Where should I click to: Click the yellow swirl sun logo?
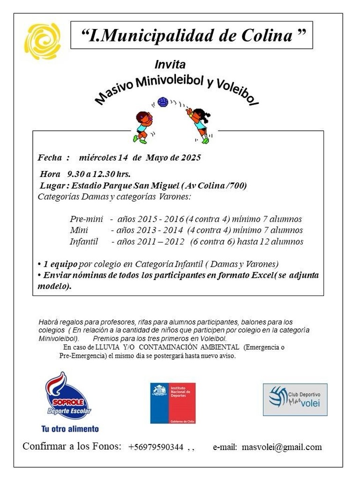(42, 41)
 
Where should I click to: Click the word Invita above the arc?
(170, 64)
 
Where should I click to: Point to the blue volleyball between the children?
(162, 102)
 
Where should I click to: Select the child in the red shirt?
(143, 126)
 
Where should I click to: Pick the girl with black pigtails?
(199, 123)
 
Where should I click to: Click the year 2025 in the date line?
(191, 158)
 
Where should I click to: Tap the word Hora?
(50, 174)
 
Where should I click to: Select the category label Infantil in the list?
(84, 242)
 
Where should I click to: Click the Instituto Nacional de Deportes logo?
(173, 403)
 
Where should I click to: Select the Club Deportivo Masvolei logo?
(295, 399)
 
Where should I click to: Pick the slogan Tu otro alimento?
(70, 428)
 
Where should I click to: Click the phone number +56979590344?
(155, 447)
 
